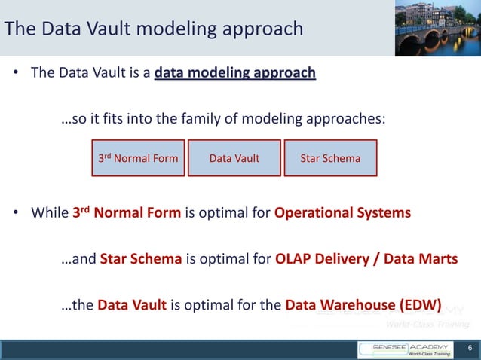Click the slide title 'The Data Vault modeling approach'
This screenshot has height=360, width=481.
154,29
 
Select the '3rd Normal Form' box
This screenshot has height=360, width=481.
139,158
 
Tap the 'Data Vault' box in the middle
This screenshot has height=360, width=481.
234,158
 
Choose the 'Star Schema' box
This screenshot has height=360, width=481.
330,158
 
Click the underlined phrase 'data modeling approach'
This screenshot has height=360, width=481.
234,74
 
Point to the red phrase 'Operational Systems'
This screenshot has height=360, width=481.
342,212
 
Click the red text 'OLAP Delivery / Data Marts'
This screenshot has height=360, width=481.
366,259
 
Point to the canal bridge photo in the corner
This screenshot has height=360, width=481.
437,28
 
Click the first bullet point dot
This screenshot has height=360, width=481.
15,75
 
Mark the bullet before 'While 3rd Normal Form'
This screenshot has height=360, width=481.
15,213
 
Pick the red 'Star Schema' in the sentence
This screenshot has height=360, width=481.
141,259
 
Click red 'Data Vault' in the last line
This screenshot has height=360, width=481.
132,306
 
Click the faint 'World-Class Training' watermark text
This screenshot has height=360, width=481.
427,325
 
